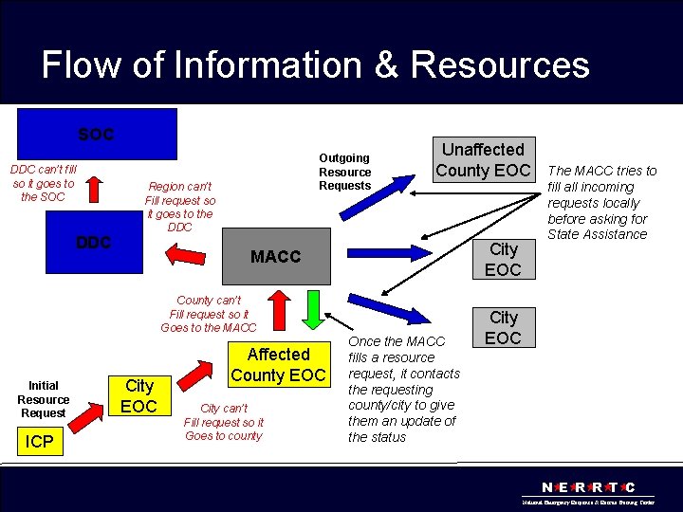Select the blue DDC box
93,243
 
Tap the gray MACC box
275,257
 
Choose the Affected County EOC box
278,364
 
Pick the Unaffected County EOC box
482,159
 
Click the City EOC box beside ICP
138,395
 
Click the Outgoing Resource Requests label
344,172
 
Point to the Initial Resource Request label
43,398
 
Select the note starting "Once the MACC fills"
403,389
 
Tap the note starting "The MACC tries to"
601,202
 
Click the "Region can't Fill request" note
179,206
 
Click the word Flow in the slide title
82,65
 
